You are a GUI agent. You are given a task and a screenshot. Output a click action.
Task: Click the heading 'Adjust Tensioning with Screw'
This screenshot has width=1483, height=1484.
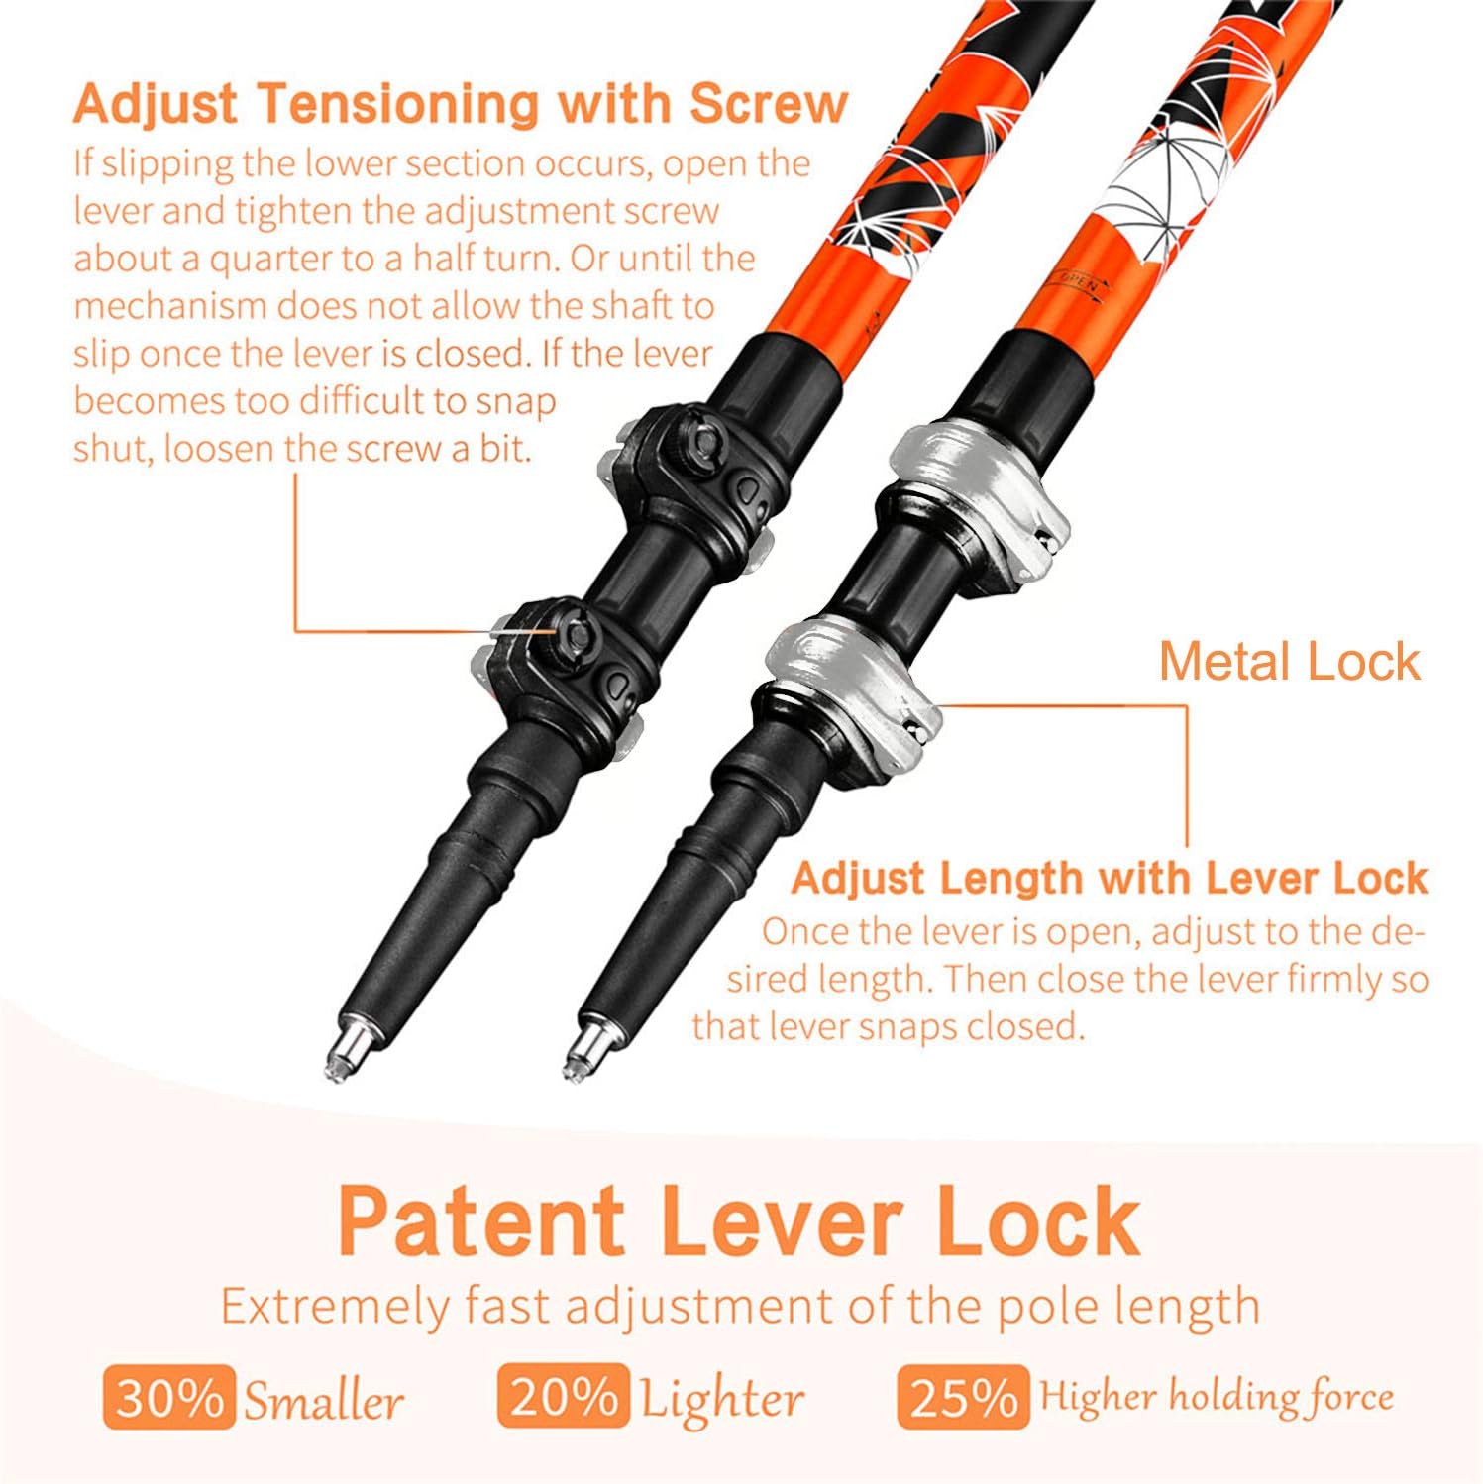[x=461, y=104]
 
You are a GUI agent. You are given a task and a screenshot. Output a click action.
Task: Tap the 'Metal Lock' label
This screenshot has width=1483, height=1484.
[x=1290, y=661]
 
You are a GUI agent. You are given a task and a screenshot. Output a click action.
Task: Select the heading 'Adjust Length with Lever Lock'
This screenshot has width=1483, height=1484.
[x=1110, y=878]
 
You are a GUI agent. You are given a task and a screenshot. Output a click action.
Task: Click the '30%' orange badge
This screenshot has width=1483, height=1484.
[x=169, y=1398]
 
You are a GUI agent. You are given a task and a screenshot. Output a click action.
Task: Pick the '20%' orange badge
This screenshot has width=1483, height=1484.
[x=564, y=1396]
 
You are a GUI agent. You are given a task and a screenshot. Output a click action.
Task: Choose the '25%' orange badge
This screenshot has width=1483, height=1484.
[x=962, y=1398]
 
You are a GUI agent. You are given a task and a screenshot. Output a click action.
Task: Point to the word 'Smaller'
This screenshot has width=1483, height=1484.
[x=324, y=1401]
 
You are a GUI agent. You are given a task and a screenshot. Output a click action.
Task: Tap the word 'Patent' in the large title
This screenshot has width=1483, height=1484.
[x=481, y=1221]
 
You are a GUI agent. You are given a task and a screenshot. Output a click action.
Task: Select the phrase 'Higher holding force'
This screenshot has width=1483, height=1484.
[x=1216, y=1396]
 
